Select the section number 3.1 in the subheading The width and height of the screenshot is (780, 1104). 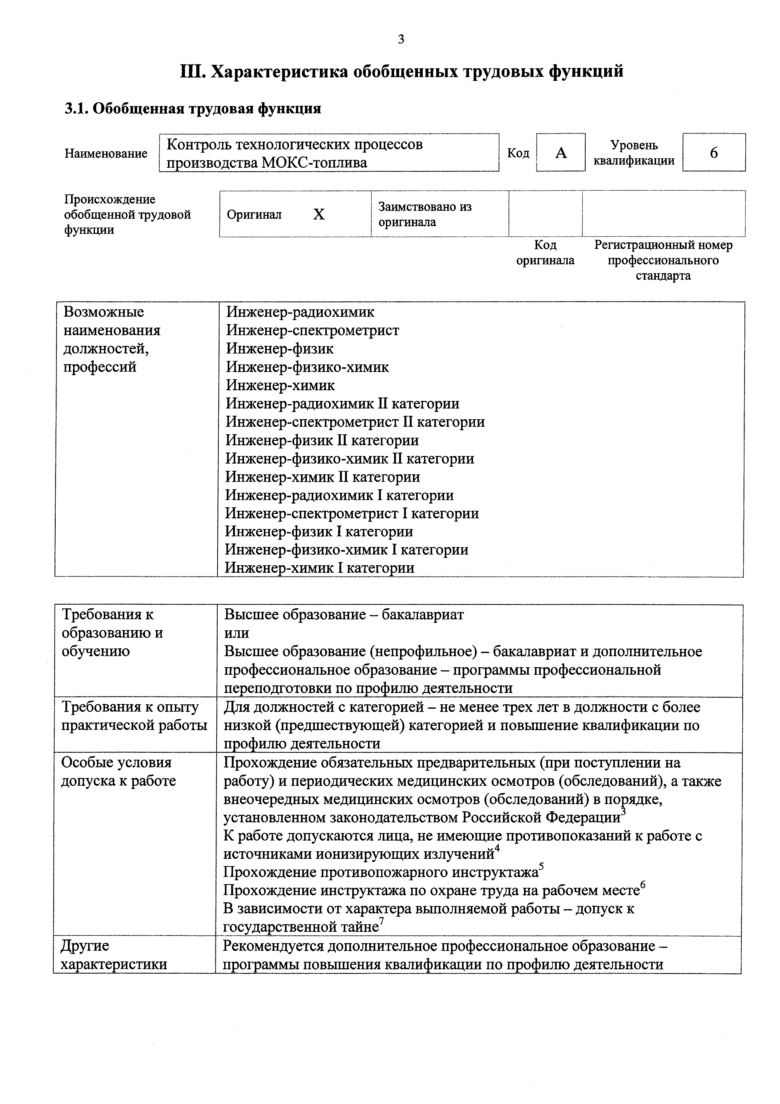(x=76, y=109)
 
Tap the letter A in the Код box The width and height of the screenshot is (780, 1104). (x=561, y=153)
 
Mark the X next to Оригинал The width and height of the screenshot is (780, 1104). (x=319, y=214)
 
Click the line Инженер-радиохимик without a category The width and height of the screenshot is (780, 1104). (x=300, y=312)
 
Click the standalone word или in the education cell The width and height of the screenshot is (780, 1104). (x=237, y=633)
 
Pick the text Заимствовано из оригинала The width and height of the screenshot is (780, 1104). (x=425, y=214)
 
